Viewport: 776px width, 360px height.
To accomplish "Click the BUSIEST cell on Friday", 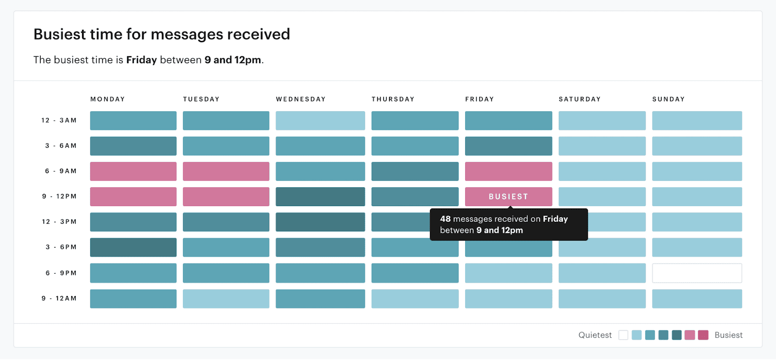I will click(508, 196).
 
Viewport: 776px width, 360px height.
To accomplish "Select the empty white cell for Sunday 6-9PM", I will click(697, 273).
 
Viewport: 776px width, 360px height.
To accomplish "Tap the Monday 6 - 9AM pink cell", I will click(133, 171).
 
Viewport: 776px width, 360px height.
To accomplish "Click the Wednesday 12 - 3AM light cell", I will click(320, 121).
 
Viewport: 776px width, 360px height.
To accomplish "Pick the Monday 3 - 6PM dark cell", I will click(133, 247).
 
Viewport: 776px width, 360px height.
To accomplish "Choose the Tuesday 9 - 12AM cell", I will click(226, 299).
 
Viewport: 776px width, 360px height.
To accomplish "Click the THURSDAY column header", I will click(393, 99).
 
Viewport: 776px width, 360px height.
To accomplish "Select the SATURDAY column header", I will click(580, 99).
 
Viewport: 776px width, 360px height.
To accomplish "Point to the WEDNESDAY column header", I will click(301, 99).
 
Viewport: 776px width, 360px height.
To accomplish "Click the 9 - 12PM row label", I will click(59, 196).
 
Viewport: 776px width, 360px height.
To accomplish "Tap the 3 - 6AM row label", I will click(61, 146).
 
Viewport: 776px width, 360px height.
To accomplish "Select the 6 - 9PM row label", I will click(61, 273).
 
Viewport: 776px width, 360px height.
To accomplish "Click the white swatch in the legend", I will click(623, 335).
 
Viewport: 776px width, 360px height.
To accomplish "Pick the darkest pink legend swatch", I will click(703, 335).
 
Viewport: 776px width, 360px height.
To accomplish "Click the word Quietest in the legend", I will click(595, 335).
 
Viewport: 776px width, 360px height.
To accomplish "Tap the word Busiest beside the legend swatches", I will click(728, 335).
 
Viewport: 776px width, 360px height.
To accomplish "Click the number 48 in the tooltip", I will click(445, 219).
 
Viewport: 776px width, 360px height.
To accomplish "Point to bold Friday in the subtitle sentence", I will click(141, 60).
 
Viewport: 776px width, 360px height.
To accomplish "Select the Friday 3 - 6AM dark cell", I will click(508, 146).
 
